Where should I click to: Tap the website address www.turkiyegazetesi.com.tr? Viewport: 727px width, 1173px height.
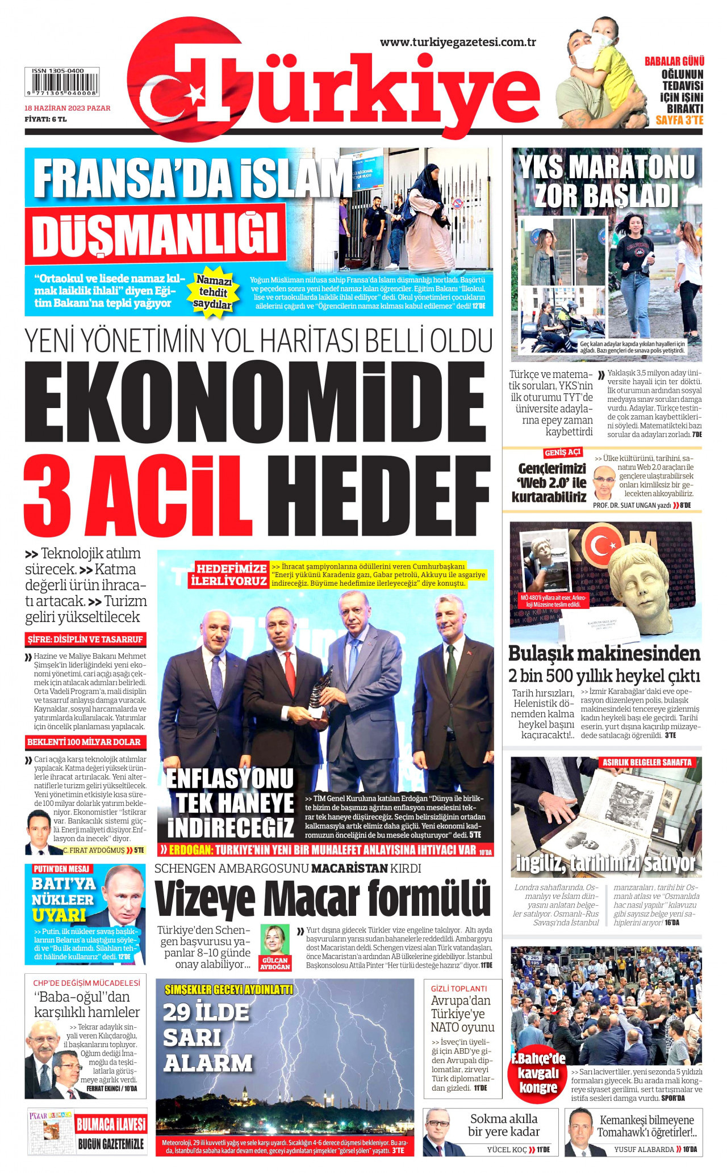point(458,42)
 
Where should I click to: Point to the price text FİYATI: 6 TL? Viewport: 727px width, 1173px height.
point(45,119)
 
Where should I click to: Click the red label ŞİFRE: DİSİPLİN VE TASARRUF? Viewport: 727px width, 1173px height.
point(85,639)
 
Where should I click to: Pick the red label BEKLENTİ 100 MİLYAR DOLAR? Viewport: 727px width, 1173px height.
point(84,742)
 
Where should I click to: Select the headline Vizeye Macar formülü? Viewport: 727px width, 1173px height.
point(322,898)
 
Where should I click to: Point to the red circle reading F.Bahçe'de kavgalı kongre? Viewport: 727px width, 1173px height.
point(538,1073)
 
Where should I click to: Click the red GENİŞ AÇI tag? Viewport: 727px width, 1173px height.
point(562,452)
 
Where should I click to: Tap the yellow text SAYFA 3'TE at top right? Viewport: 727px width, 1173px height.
point(679,120)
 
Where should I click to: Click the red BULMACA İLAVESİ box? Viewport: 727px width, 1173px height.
point(111,1124)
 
